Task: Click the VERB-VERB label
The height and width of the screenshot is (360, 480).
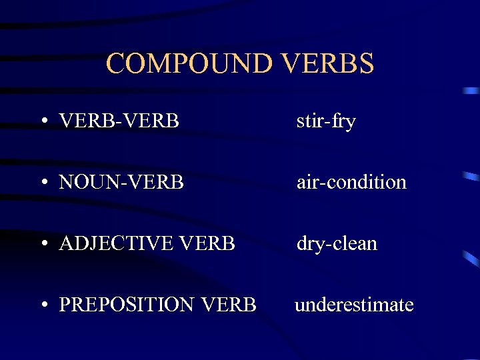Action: pos(119,121)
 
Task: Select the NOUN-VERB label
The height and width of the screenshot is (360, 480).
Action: pos(121,182)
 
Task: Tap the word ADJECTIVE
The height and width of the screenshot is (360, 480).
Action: pos(113,244)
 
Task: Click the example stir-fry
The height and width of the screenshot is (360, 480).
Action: pos(326,122)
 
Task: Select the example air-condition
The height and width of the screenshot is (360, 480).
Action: pos(351,182)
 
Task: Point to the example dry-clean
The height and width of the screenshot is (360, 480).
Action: pos(337,244)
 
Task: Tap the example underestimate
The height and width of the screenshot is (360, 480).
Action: pos(354,305)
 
